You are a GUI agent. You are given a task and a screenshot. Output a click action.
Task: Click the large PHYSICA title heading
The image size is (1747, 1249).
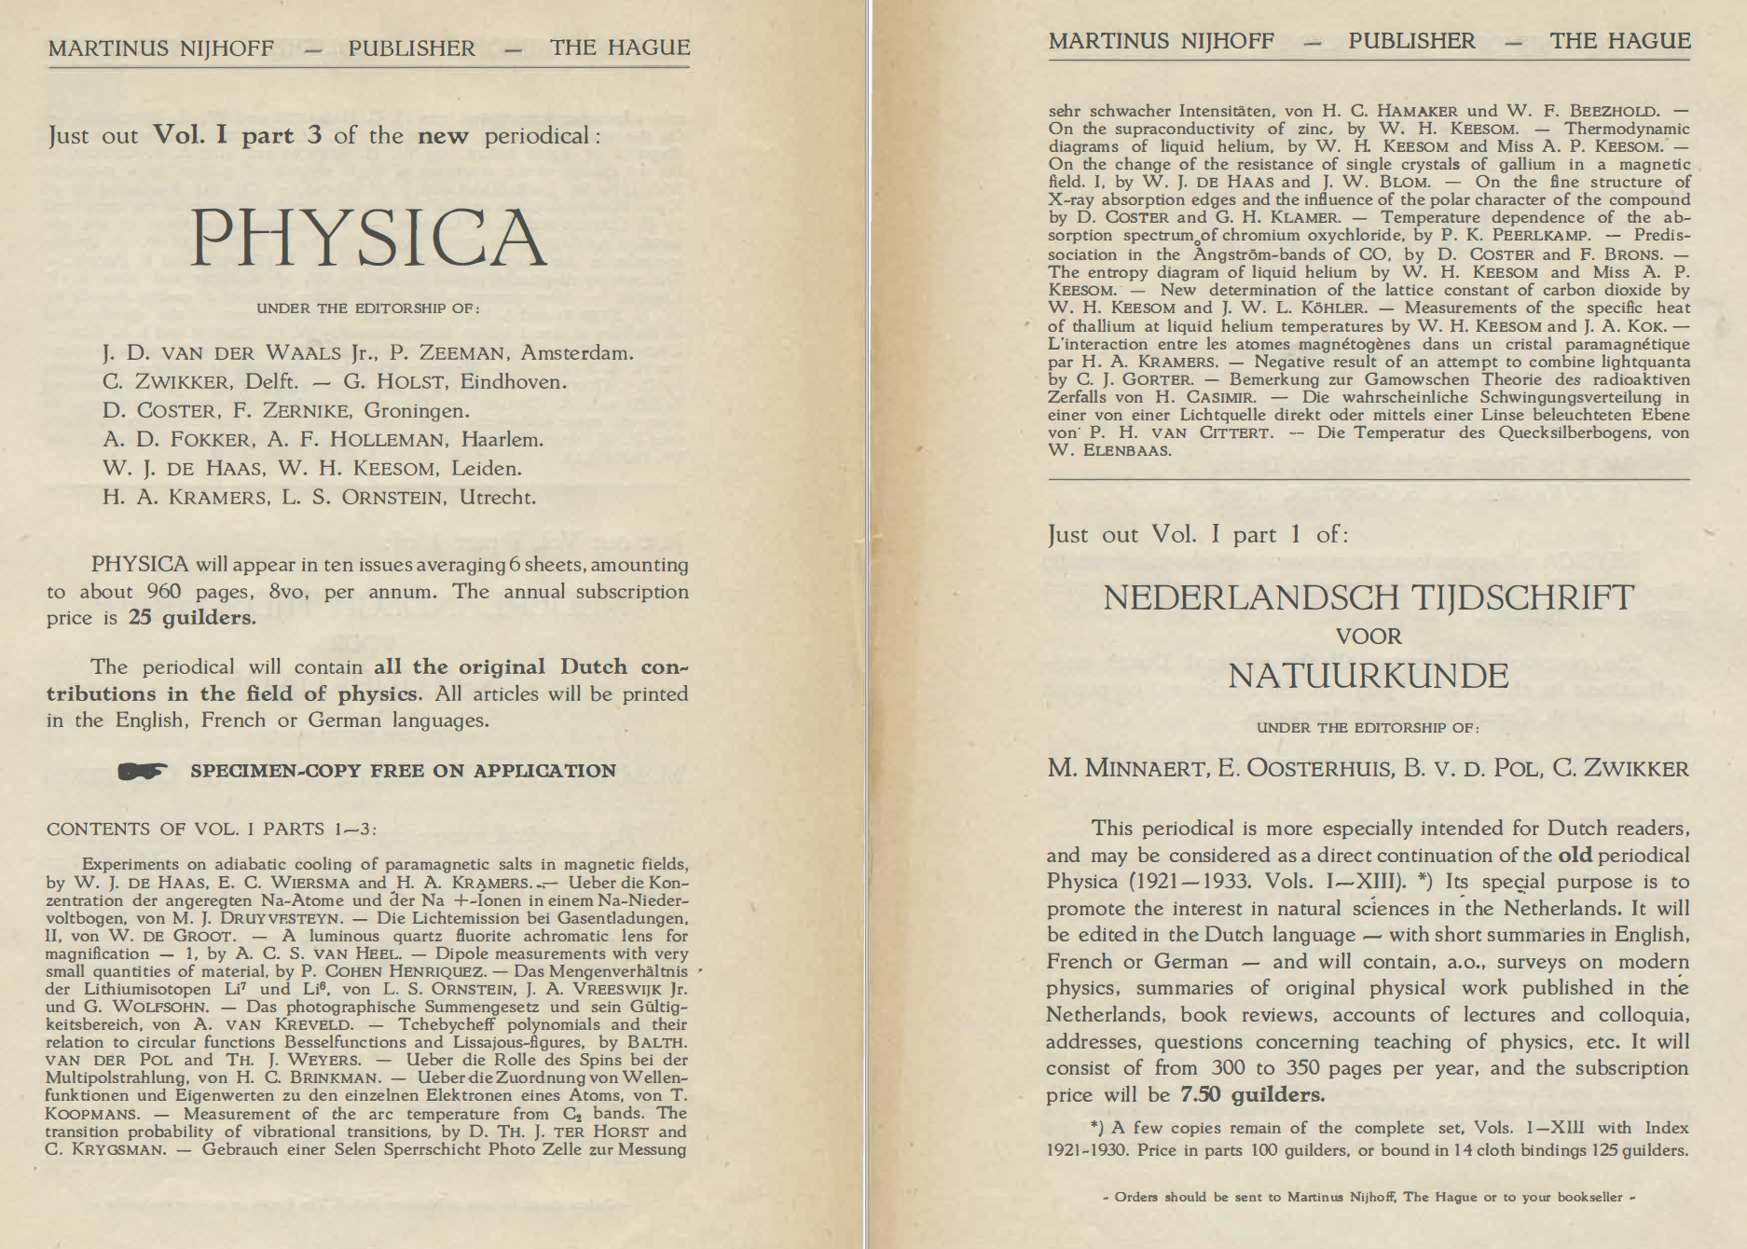(x=368, y=238)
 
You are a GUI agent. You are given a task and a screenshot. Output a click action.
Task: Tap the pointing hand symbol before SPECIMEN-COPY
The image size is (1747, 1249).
(x=143, y=771)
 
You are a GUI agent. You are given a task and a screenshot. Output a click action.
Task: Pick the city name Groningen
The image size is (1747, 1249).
(x=417, y=411)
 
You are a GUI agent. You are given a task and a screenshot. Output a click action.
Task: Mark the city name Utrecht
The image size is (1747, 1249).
(x=497, y=498)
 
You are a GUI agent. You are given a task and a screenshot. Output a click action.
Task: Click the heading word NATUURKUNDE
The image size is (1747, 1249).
(x=1368, y=676)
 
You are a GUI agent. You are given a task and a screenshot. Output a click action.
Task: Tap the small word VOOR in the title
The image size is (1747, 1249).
(x=1369, y=637)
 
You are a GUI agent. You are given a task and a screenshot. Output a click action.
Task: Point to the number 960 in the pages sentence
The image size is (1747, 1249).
(x=164, y=592)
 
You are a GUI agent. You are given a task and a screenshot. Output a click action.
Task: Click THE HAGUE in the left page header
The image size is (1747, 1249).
(x=620, y=48)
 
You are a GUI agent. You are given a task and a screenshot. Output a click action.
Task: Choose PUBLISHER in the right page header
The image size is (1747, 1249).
(x=1411, y=41)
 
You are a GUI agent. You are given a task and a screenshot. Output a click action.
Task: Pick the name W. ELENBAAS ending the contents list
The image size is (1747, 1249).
(x=1109, y=451)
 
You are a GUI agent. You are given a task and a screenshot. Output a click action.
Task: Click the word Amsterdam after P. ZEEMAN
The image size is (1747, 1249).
(x=577, y=353)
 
